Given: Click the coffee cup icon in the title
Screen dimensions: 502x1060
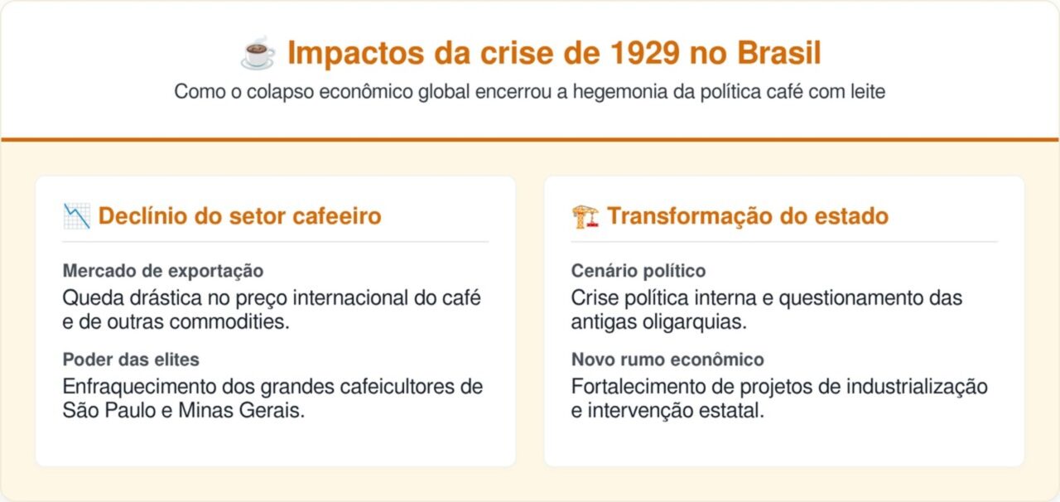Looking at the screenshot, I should [x=258, y=53].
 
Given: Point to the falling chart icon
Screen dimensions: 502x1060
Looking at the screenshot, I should [x=76, y=216].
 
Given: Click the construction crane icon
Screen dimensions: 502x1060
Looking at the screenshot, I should [x=585, y=216].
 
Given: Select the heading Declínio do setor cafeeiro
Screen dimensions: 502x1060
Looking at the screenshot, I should [x=239, y=216].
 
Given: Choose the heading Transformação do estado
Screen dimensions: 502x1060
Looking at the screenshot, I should [x=747, y=216].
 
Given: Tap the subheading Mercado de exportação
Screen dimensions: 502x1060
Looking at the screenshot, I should [x=163, y=271].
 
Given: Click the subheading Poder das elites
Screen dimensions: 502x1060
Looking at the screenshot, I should [x=131, y=360].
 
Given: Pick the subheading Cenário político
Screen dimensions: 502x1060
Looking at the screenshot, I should [x=638, y=271].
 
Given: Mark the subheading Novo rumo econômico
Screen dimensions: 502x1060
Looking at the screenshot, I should [x=667, y=360].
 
